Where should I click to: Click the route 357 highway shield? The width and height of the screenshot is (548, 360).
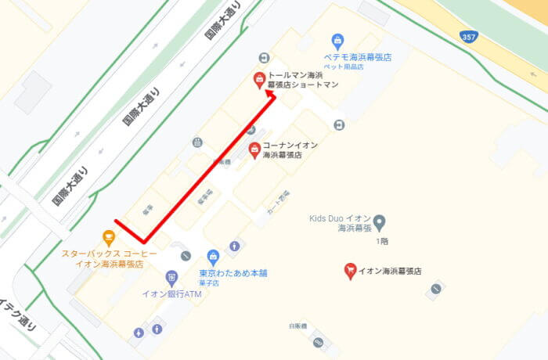(x=469, y=38)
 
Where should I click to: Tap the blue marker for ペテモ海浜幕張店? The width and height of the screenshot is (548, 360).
(x=337, y=41)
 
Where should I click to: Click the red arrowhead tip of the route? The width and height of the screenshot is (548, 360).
(x=271, y=92)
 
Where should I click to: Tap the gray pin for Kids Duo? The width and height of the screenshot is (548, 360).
(x=380, y=223)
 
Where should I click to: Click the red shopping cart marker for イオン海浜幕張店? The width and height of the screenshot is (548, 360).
(x=351, y=271)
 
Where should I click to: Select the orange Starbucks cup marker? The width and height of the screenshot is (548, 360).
(x=108, y=237)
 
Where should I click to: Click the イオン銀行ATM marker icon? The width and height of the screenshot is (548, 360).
(x=172, y=278)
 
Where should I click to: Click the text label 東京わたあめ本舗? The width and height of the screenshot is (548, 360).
(x=233, y=273)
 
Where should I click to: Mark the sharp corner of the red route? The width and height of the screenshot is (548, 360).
(x=143, y=241)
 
